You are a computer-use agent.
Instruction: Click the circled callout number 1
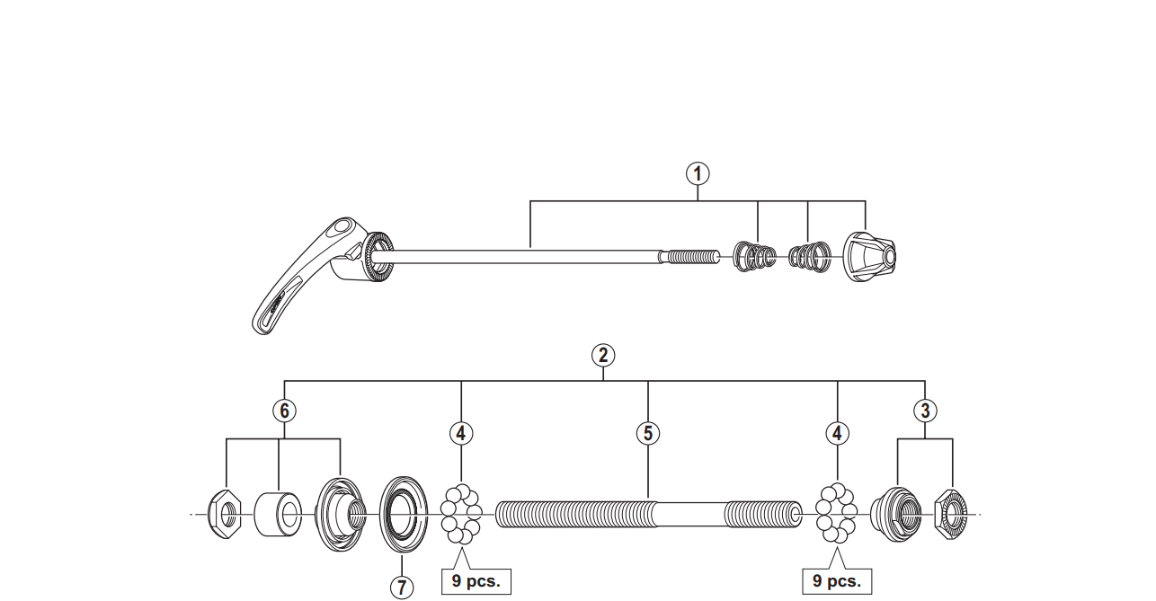(698, 173)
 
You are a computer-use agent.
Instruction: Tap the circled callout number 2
(603, 354)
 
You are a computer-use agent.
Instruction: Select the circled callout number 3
(925, 411)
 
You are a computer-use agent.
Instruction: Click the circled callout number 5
(647, 433)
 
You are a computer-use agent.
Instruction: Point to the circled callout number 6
(284, 411)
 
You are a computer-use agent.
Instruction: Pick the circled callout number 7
(402, 588)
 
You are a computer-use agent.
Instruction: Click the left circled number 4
(461, 433)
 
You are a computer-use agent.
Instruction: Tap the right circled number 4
(838, 433)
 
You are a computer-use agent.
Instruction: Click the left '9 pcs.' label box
(476, 581)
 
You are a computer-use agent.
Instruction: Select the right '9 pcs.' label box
(837, 581)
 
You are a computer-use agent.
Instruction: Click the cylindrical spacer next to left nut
(279, 515)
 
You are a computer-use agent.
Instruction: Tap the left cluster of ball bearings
(461, 515)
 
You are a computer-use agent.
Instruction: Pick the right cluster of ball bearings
(837, 515)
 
